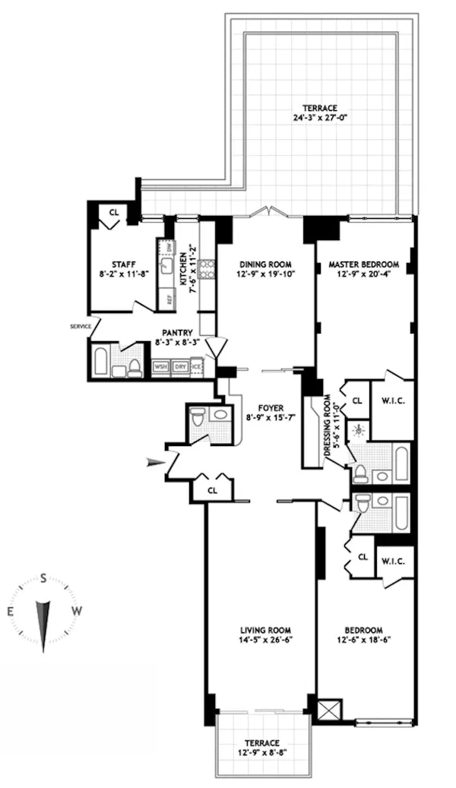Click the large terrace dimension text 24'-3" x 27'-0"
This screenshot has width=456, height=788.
click(x=318, y=118)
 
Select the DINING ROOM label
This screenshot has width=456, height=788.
click(x=265, y=264)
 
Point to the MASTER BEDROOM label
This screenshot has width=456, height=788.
click(x=364, y=264)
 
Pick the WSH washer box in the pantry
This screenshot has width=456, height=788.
click(x=160, y=366)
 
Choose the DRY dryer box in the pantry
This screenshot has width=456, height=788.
click(x=180, y=366)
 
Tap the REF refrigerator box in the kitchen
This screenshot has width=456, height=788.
click(x=168, y=299)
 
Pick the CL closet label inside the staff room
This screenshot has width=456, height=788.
click(x=113, y=212)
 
